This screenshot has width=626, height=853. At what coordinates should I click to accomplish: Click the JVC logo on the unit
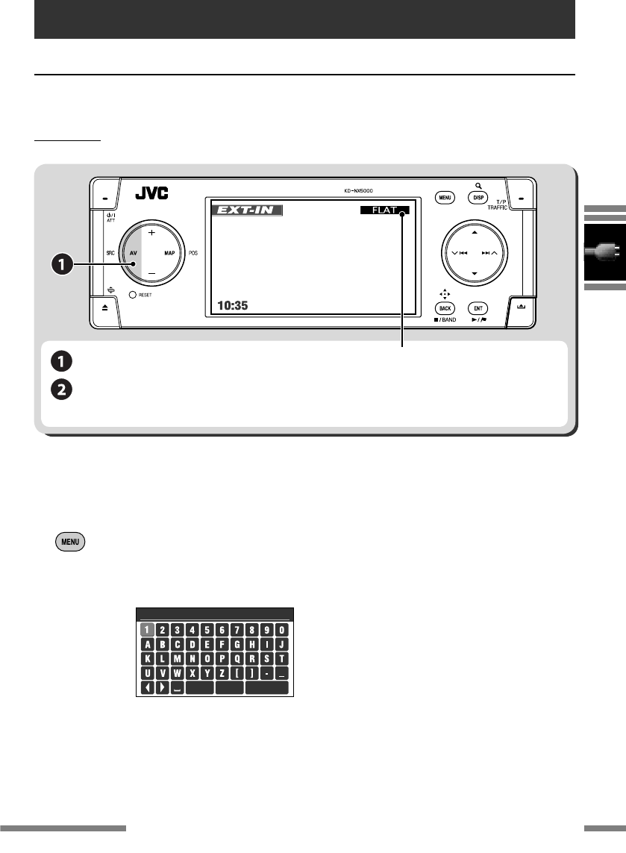[x=151, y=194]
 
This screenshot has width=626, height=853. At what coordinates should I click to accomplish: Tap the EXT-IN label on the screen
[x=246, y=211]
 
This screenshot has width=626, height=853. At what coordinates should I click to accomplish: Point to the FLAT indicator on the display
[x=384, y=211]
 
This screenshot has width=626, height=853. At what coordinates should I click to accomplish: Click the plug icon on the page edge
[x=605, y=252]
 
